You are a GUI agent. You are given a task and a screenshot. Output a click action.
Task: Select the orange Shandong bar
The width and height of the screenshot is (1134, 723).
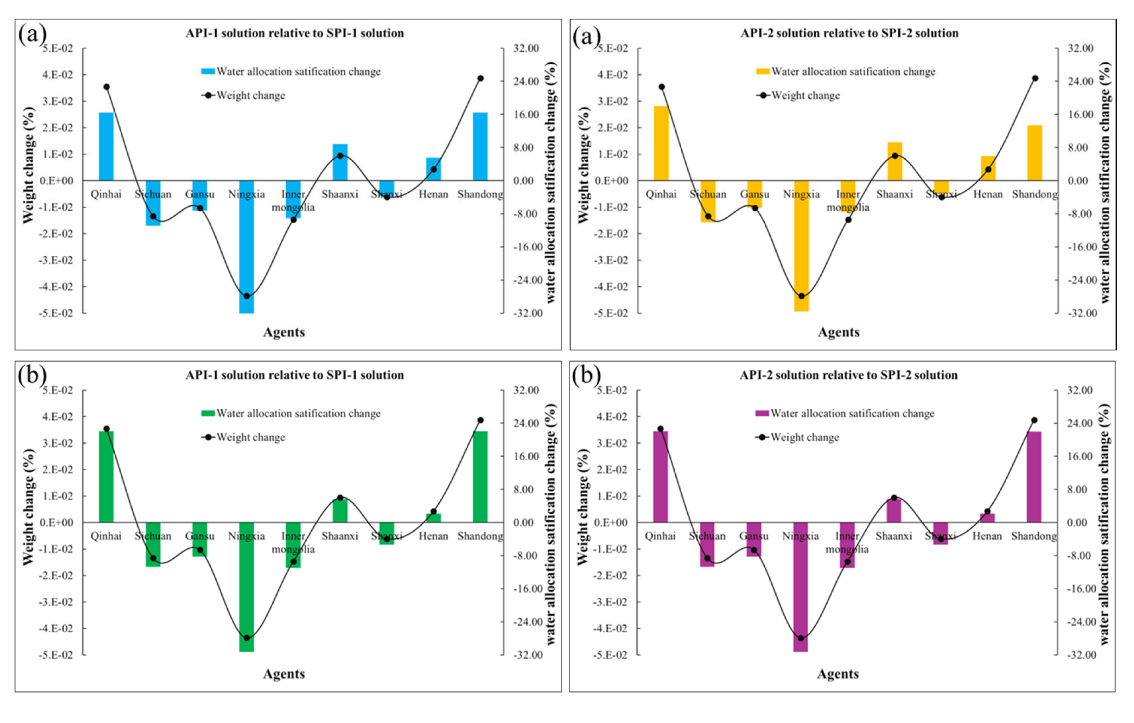click(1034, 153)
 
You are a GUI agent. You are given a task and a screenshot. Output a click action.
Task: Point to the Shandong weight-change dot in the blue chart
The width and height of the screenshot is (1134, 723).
click(480, 78)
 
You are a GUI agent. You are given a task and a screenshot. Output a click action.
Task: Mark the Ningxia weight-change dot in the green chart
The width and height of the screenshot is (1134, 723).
click(246, 638)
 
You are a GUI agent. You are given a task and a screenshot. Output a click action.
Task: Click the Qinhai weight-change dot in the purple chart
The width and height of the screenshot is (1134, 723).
click(660, 429)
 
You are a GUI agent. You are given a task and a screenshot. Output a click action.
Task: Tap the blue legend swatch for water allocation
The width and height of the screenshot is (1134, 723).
click(208, 71)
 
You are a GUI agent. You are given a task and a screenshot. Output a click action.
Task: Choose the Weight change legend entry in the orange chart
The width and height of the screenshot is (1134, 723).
click(805, 96)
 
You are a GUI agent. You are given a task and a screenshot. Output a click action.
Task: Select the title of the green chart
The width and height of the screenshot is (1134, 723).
click(294, 375)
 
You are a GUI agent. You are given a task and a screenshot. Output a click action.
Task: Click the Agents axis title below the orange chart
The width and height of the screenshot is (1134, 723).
click(838, 332)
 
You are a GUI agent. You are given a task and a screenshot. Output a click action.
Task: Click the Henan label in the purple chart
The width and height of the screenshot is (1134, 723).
click(987, 536)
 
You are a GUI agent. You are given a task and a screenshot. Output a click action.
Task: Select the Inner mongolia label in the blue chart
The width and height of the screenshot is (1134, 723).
click(293, 200)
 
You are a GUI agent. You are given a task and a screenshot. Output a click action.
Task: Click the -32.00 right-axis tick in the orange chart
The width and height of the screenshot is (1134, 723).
click(1083, 313)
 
